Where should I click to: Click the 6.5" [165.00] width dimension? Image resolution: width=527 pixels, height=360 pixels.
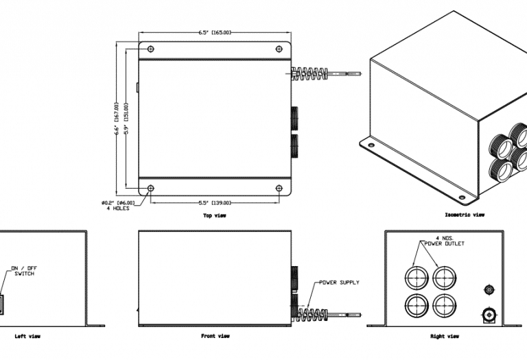[x=215, y=32]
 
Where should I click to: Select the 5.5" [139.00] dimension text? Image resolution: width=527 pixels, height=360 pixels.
[x=215, y=203]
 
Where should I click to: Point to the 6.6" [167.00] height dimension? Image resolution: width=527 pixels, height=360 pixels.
[x=117, y=120]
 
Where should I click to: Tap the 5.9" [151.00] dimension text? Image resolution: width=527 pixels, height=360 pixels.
[x=126, y=120]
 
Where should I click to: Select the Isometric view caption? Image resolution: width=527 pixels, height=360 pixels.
[x=465, y=215]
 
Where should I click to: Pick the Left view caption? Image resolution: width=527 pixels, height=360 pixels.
[x=27, y=336]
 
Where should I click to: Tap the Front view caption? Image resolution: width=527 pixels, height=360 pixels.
[x=215, y=336]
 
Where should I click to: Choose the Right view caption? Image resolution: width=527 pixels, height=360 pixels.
[x=445, y=336]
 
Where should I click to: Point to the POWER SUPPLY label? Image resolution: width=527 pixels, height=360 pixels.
[x=339, y=283]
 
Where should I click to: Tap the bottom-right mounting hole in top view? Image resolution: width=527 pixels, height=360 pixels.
[x=279, y=189]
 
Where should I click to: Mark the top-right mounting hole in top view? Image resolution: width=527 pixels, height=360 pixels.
[x=279, y=49]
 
